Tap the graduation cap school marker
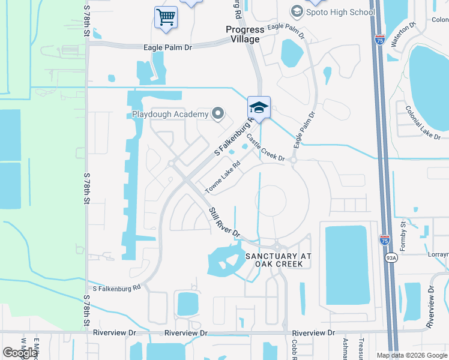coord(259,107)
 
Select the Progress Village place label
coord(245,34)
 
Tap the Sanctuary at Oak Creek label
coord(279,260)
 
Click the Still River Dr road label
coord(224,222)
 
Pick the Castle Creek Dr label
coord(264,148)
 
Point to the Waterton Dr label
coord(403,35)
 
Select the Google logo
coord(20,352)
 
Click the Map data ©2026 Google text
coord(412,355)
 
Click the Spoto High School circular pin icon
coord(296,11)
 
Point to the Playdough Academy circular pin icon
coord(218,113)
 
